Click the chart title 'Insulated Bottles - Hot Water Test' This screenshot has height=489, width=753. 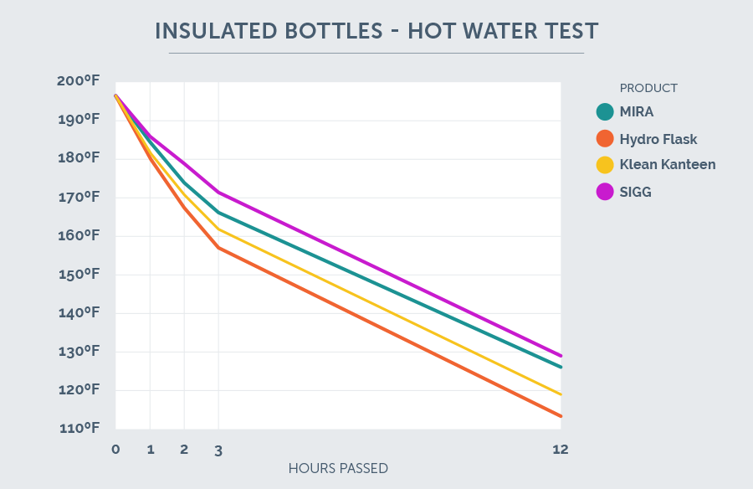(376, 31)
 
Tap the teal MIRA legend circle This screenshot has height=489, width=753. (605, 112)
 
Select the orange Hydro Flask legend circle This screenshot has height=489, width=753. (605, 139)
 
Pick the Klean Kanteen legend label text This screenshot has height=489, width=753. (667, 165)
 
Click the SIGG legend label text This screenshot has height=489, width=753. (635, 192)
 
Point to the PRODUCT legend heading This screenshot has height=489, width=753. (648, 88)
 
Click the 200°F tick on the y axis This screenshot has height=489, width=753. (79, 81)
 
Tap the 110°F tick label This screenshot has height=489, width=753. (79, 429)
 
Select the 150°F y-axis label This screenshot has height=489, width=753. (79, 275)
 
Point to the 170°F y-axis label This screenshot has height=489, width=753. (79, 198)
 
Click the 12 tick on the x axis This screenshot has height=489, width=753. (560, 450)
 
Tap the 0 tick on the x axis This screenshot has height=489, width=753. (115, 450)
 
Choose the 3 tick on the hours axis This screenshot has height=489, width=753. (218, 450)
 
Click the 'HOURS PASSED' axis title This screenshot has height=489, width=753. (338, 468)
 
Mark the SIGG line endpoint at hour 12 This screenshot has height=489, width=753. (561, 356)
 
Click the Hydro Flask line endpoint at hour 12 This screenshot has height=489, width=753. (561, 416)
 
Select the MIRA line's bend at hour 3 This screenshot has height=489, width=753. (218, 213)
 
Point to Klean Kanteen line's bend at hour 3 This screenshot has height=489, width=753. (218, 229)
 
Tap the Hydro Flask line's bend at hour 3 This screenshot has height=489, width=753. (218, 248)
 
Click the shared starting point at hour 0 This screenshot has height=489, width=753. (115, 95)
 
